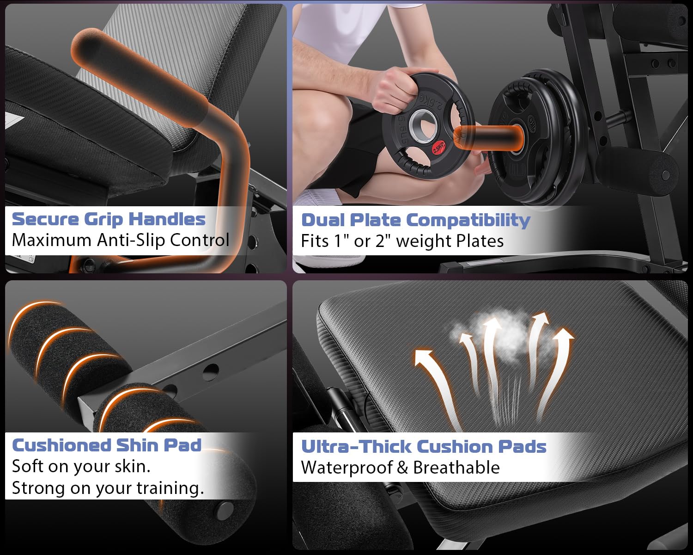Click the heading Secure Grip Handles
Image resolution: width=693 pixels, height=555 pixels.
109,220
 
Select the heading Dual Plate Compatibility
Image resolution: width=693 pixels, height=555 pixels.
415,221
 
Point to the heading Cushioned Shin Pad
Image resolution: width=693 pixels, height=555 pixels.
107,445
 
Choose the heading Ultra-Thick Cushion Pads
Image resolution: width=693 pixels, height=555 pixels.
424,447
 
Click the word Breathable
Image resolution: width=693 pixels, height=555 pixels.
456,467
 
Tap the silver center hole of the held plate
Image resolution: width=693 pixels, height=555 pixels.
423,125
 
